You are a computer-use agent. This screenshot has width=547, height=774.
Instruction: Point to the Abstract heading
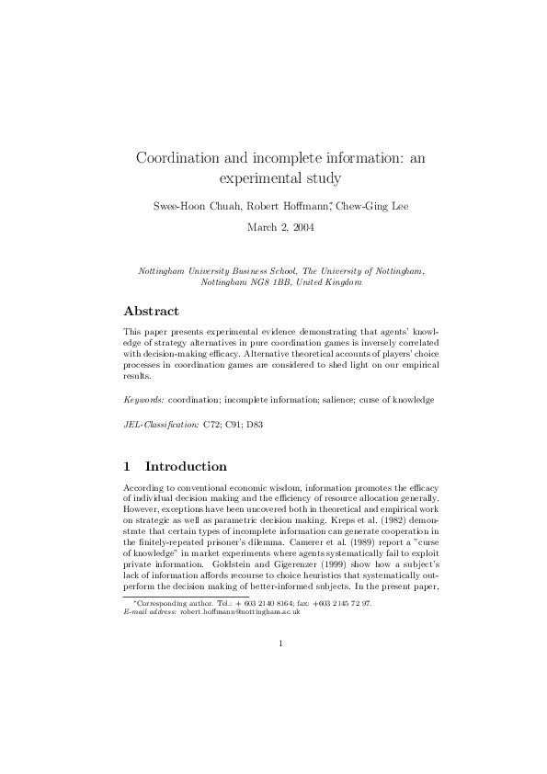(x=151, y=311)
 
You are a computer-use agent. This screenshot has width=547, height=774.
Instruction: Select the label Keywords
(x=142, y=400)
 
